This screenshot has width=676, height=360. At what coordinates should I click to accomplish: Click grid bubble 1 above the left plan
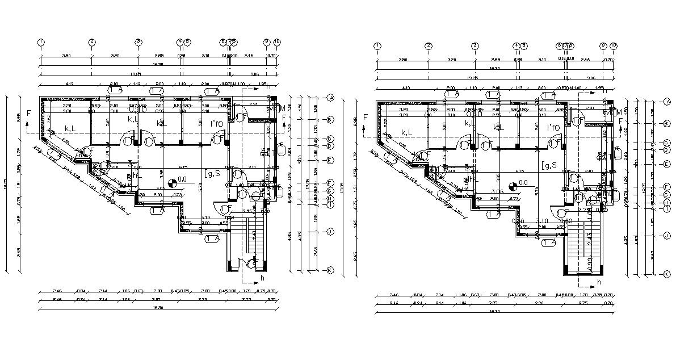coord(41,42)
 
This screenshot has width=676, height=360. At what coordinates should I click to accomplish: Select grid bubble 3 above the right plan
coord(475,46)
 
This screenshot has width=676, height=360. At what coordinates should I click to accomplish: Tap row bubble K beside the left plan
coord(330,270)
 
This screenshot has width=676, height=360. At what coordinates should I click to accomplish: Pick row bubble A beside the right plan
coord(667,101)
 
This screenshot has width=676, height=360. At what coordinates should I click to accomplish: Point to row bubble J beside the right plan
coord(667,235)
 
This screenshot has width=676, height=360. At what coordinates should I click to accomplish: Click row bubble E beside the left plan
coord(330,160)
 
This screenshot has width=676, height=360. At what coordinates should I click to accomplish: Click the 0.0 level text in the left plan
coord(182,180)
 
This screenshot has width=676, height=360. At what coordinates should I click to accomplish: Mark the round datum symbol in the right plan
coord(513,185)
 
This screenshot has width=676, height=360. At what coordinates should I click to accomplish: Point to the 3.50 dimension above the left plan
coord(66,56)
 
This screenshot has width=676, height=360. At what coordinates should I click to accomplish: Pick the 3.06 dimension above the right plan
coord(590,78)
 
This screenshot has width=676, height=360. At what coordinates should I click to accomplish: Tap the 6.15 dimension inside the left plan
coord(183,167)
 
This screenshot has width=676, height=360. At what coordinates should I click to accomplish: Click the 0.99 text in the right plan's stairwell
coord(590,262)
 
